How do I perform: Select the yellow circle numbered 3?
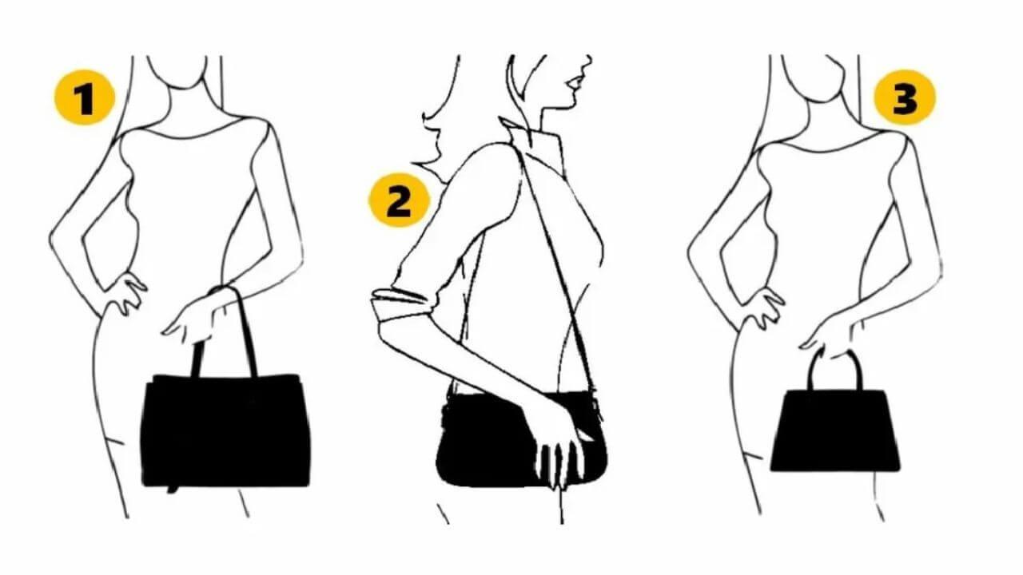904,100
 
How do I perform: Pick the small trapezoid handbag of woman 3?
835,431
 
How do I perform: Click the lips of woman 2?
572,82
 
